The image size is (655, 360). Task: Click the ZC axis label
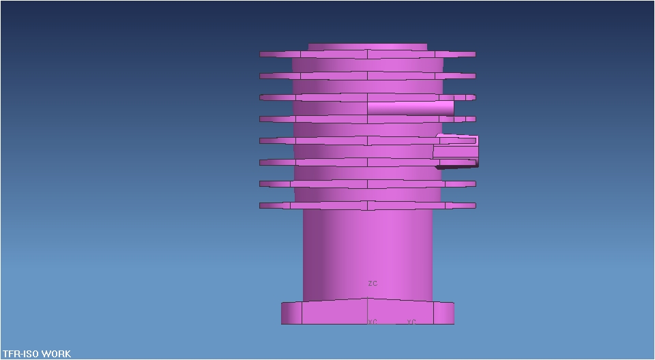[x=373, y=283]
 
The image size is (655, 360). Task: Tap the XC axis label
[x=373, y=322]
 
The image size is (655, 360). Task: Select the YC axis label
[x=411, y=322]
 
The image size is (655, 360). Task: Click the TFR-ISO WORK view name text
[x=36, y=354]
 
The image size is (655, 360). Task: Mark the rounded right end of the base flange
[x=444, y=313]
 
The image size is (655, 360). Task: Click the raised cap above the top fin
[x=368, y=47]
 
